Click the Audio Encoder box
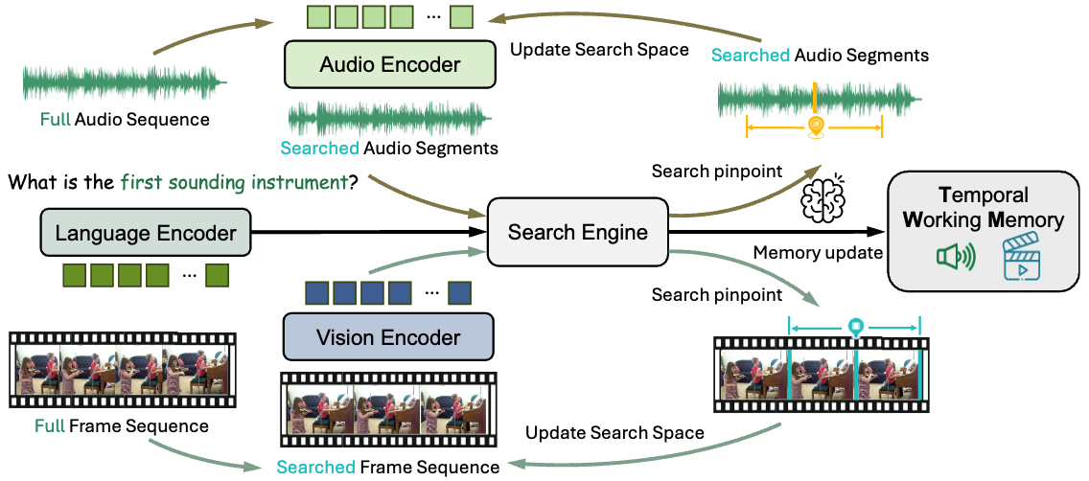tap(390, 64)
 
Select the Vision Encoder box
tap(388, 338)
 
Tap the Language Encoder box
tap(146, 233)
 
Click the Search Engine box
tap(578, 232)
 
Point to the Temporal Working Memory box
tap(988, 231)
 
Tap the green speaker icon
tap(956, 257)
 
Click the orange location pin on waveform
tap(816, 126)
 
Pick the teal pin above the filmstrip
tap(856, 327)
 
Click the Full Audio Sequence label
tap(125, 120)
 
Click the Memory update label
tap(818, 253)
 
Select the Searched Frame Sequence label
tap(388, 467)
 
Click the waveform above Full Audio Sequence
tap(124, 82)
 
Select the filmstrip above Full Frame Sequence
tap(123, 370)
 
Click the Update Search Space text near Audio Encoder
tap(599, 49)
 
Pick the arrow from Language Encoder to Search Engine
tap(369, 233)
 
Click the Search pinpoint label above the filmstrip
tap(717, 294)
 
